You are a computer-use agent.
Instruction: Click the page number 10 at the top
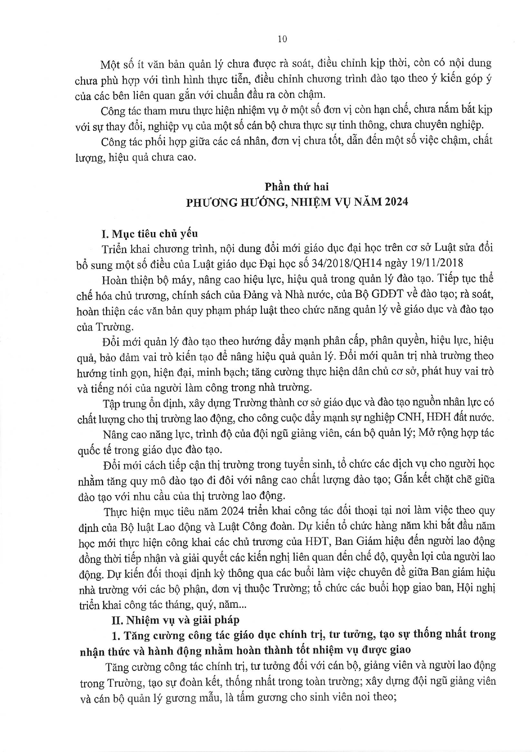click(282, 39)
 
